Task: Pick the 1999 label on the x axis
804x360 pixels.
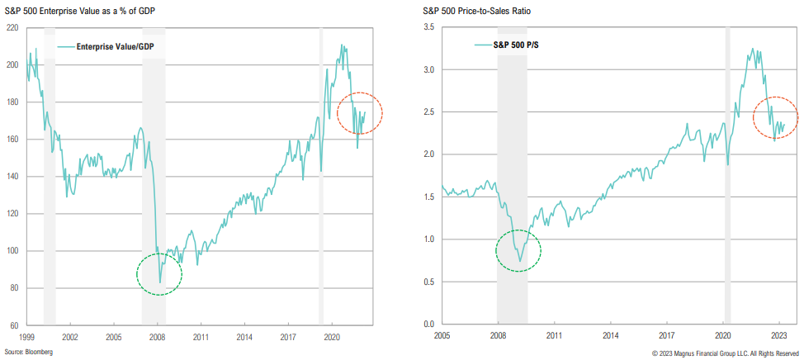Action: [26, 337]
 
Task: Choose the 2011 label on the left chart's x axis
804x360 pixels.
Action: [201, 337]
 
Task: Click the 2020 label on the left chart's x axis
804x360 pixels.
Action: [332, 337]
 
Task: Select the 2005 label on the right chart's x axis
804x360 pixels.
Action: [442, 337]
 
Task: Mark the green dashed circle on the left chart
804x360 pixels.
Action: [158, 272]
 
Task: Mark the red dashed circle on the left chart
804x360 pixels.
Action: [360, 114]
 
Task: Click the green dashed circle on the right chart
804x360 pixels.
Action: [518, 250]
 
